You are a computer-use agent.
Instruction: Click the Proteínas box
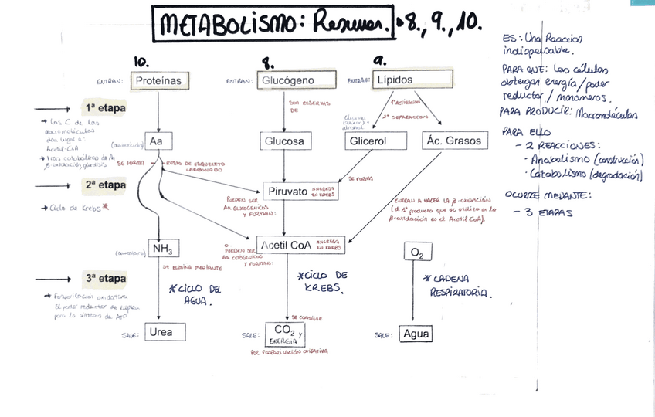tap(158, 80)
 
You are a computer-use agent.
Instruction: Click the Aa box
tap(157, 142)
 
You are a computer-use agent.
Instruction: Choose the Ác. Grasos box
tap(455, 141)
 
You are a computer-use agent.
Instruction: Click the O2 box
tap(417, 253)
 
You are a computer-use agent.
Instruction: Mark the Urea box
tap(161, 332)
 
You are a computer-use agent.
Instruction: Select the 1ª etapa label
tap(105, 107)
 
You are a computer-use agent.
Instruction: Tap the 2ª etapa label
tap(105, 185)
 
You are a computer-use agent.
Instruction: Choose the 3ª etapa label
tap(105, 278)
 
